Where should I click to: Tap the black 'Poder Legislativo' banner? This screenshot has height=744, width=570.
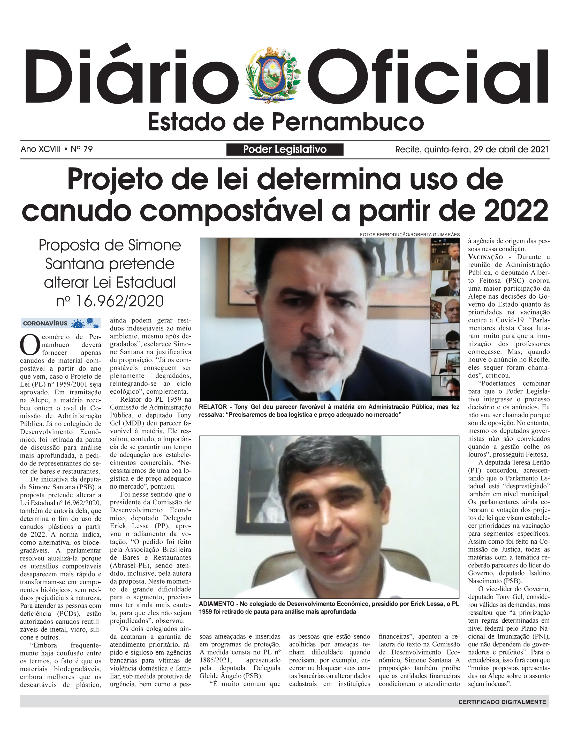(285, 149)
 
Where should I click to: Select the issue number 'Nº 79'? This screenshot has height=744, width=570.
(81, 149)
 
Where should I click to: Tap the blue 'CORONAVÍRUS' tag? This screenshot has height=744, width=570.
(60, 323)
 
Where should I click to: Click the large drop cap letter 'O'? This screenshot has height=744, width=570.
(30, 345)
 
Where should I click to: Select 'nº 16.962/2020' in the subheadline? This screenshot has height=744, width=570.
(110, 301)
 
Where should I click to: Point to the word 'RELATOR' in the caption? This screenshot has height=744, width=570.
(213, 407)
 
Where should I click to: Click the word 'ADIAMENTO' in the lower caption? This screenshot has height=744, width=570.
(216, 603)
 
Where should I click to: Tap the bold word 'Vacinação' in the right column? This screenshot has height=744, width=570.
(485, 257)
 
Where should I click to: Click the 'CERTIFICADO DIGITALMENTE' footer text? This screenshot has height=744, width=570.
(502, 702)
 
